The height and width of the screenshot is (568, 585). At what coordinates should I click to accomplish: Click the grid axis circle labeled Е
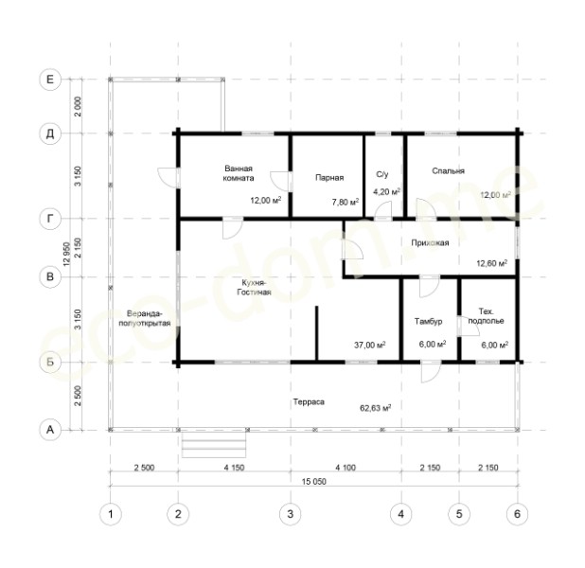pyautogui.click(x=50, y=80)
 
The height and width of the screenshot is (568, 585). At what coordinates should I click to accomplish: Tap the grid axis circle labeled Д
pyautogui.click(x=50, y=133)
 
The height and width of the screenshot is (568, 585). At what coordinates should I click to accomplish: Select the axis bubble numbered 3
pyautogui.click(x=291, y=514)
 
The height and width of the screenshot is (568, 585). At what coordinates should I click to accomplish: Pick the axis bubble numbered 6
pyautogui.click(x=517, y=514)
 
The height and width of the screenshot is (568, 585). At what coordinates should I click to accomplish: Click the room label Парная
pyautogui.click(x=329, y=178)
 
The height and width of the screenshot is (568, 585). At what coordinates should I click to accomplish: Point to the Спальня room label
pyautogui.click(x=448, y=171)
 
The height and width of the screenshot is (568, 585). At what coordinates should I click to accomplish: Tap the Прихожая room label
pyautogui.click(x=430, y=243)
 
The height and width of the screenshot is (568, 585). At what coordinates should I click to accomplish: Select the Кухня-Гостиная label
pyautogui.click(x=254, y=287)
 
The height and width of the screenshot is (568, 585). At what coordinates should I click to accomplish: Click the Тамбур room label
pyautogui.click(x=428, y=321)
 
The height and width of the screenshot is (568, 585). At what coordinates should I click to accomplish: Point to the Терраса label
pyautogui.click(x=309, y=402)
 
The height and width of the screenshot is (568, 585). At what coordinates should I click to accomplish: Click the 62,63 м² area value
pyautogui.click(x=375, y=407)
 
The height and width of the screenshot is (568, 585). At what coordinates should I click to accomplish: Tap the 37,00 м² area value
pyautogui.click(x=370, y=345)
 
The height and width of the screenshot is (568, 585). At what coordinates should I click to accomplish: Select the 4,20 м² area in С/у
pyautogui.click(x=386, y=192)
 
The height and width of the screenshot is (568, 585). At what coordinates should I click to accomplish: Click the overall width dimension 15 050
pyautogui.click(x=313, y=482)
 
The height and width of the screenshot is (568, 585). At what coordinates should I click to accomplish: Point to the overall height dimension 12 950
pyautogui.click(x=67, y=254)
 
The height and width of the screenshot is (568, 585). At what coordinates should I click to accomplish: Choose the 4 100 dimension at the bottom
pyautogui.click(x=346, y=468)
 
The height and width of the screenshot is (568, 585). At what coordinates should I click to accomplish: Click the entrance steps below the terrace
pyautogui.click(x=214, y=445)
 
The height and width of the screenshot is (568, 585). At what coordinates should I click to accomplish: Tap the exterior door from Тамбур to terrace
pyautogui.click(x=431, y=372)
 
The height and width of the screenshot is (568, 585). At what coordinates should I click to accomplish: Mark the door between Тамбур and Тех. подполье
pyautogui.click(x=464, y=326)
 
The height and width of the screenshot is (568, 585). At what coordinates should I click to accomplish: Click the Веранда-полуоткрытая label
pyautogui.click(x=145, y=318)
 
